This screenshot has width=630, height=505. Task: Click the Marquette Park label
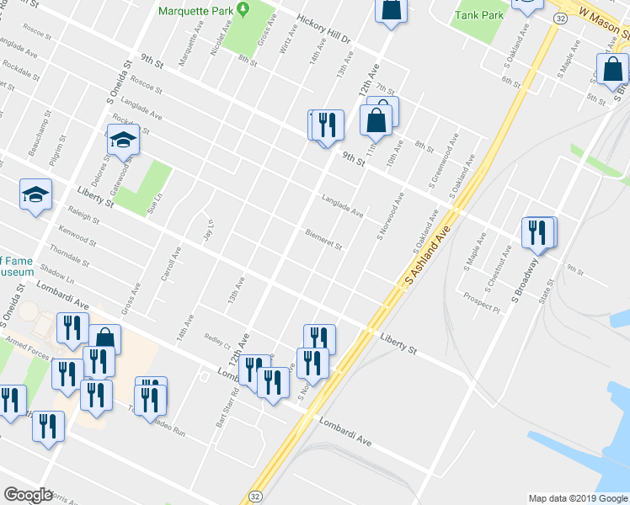197,12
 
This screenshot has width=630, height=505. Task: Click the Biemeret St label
323,240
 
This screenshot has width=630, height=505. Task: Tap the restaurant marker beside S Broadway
538,232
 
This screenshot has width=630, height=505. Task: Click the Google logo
27,495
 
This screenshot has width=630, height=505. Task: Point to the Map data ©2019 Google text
577,498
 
